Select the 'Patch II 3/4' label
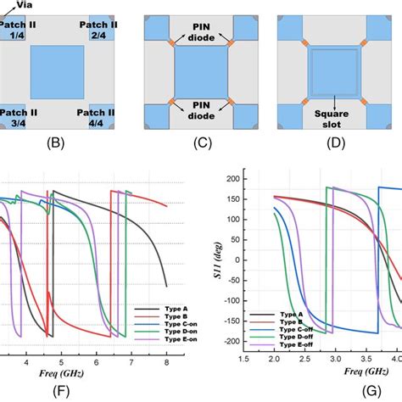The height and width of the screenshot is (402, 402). pyautogui.click(x=15, y=117)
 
